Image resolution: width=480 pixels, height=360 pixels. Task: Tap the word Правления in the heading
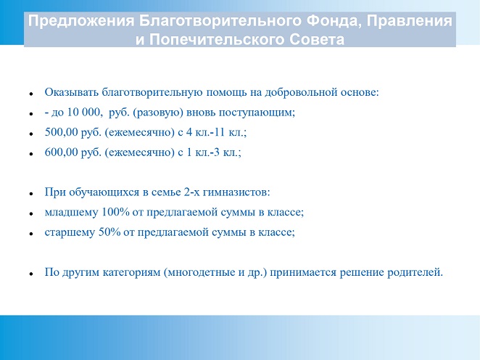pos(410,22)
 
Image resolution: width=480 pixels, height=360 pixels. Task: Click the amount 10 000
pos(83,112)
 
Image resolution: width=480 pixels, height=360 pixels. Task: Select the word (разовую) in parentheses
pos(158,112)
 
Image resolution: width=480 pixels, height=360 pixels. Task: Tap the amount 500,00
pos(61,132)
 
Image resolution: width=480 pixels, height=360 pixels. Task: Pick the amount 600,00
pos(61,152)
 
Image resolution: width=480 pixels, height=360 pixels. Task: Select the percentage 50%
pos(109,232)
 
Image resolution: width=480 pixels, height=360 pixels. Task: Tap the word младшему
pos(71,213)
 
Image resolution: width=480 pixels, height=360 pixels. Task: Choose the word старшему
pos(70,232)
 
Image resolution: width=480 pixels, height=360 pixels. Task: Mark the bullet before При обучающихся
pos(31,194)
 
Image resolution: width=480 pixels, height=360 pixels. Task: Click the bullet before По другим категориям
pos(31,274)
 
